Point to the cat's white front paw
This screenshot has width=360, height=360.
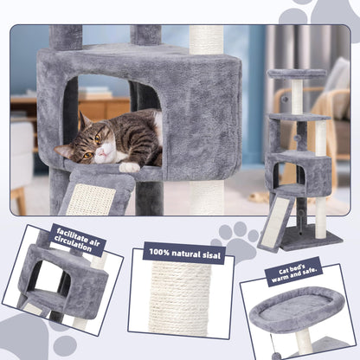130,166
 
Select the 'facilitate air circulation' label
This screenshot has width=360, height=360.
82,240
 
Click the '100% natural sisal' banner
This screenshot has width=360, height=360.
183,253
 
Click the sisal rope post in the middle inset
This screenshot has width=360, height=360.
182,299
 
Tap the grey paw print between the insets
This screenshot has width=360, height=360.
236,241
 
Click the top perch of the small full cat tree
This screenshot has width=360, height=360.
297,74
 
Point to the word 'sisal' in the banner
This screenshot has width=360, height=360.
207,253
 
